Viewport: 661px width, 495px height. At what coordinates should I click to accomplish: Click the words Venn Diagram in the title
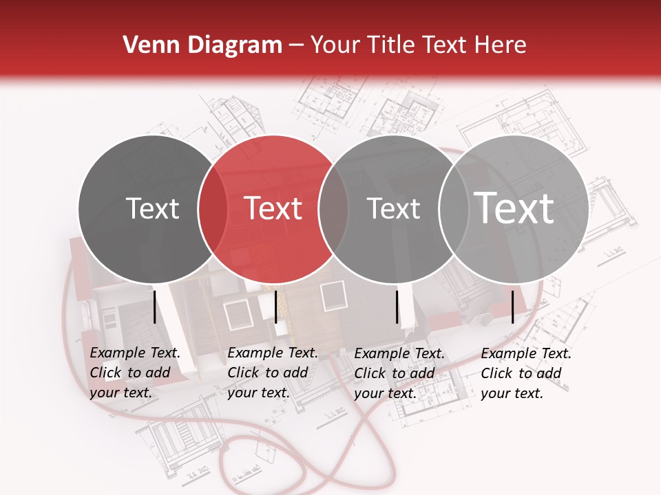(x=202, y=45)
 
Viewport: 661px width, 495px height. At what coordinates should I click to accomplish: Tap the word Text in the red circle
(x=273, y=208)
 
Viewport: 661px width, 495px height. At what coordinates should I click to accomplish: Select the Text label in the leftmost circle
(x=153, y=208)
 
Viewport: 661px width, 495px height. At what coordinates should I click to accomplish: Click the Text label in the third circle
(x=393, y=208)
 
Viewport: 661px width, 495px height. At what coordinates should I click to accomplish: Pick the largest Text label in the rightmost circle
(x=514, y=208)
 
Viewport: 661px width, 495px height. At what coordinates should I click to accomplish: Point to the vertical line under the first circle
(x=155, y=307)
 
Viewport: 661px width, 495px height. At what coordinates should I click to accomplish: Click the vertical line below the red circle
(x=275, y=307)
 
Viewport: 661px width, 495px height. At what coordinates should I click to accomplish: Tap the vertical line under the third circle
(x=397, y=307)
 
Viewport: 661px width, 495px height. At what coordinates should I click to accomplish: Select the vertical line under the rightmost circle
(x=513, y=307)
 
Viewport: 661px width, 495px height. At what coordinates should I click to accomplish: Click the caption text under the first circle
(x=134, y=373)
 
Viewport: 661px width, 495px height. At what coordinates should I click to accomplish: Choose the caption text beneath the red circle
(x=272, y=373)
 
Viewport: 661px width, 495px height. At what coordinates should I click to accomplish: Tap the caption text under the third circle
(x=399, y=373)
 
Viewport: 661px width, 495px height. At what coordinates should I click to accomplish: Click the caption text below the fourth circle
(x=525, y=373)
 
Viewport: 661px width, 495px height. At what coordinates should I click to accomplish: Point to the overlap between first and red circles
(x=213, y=208)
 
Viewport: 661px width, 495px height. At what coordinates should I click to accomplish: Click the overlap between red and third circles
(x=333, y=208)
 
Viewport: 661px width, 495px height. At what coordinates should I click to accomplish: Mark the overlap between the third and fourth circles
(x=454, y=208)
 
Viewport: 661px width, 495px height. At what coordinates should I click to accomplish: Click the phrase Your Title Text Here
(x=419, y=45)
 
